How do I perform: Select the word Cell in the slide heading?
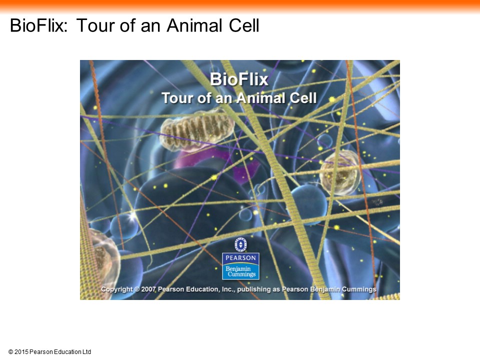(x=244, y=25)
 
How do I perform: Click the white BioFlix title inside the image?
(x=239, y=79)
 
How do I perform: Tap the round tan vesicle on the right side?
(x=340, y=172)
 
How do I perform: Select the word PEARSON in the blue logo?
(x=240, y=258)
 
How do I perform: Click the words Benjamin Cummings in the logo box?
(x=241, y=271)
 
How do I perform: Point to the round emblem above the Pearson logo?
(x=240, y=244)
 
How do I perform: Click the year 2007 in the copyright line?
(x=149, y=289)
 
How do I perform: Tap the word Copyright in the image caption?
(x=116, y=289)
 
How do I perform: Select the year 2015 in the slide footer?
(x=21, y=352)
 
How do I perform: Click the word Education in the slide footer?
(x=67, y=352)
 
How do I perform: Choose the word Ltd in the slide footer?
(x=87, y=352)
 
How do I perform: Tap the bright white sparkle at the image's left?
(x=132, y=216)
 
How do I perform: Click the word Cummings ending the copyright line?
(x=359, y=289)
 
